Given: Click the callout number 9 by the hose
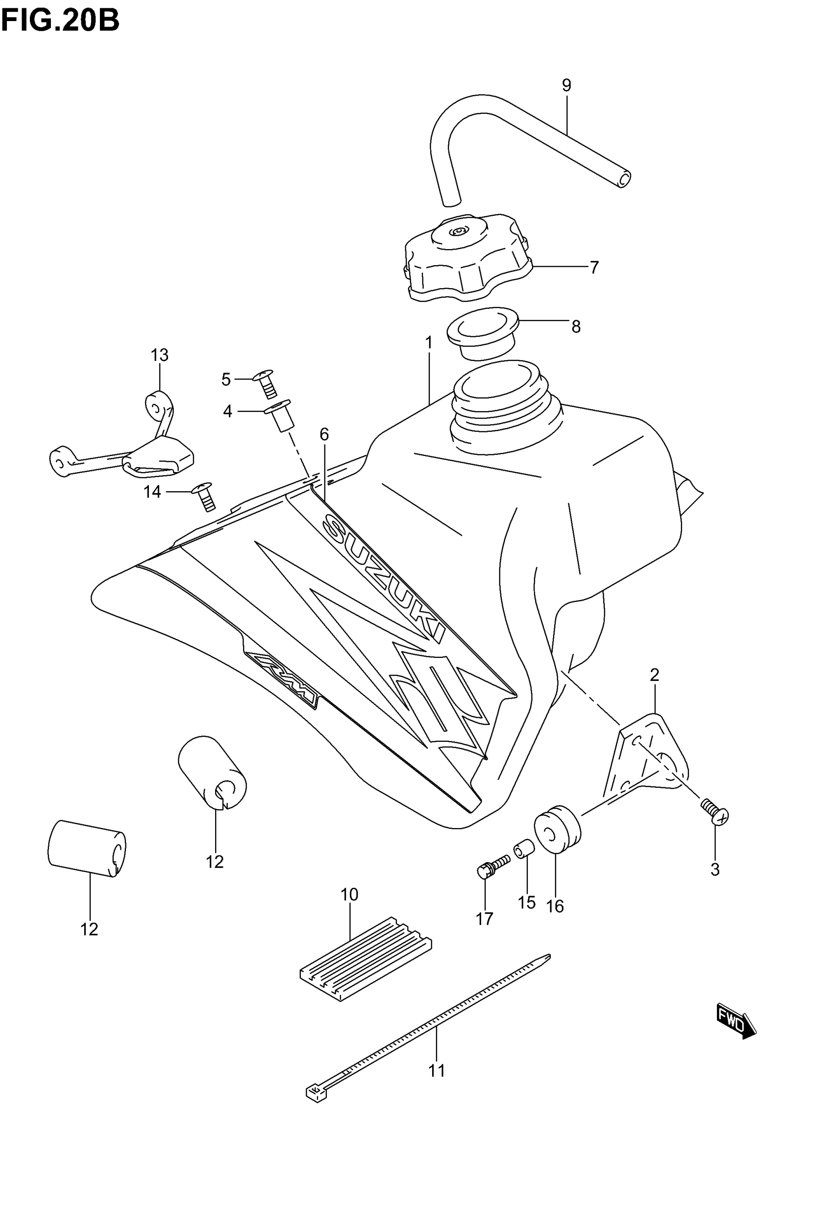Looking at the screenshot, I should (x=566, y=85).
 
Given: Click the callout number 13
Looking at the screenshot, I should (x=160, y=355).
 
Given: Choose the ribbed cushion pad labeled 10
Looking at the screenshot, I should (x=366, y=958).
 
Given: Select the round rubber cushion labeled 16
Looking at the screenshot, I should (x=557, y=830).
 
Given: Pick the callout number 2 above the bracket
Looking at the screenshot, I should (x=655, y=675).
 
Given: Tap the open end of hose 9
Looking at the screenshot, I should (x=623, y=179).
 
